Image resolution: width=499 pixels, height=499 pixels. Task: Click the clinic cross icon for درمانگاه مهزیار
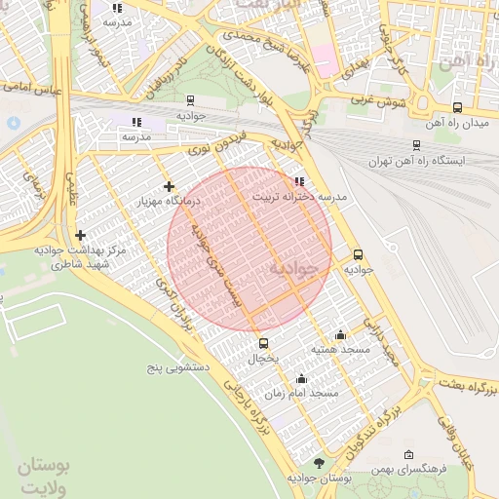(170, 186)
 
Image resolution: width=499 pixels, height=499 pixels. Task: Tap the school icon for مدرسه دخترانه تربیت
(299, 180)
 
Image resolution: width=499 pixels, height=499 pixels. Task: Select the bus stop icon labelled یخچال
(263, 343)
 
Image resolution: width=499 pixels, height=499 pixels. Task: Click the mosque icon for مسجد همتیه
(339, 334)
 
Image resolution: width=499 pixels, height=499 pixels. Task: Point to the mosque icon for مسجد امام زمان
(301, 378)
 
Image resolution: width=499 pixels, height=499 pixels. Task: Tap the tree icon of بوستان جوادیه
(319, 463)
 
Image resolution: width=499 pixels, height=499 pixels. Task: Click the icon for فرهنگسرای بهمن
(407, 455)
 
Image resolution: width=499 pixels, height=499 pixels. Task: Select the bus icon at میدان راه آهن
(458, 108)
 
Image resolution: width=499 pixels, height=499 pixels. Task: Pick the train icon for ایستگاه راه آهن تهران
(416, 145)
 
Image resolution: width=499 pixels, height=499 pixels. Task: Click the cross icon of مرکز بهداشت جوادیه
(80, 235)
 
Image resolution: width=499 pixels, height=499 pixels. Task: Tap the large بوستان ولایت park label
(44, 477)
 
